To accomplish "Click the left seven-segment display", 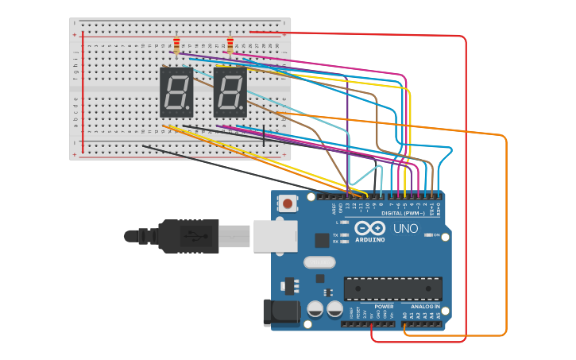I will (x=176, y=92).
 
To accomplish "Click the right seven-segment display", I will (x=230, y=92).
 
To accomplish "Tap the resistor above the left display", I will (x=176, y=45).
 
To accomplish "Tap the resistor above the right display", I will (x=230, y=45).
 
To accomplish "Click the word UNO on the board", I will (x=405, y=229).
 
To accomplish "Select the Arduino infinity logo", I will (x=370, y=228).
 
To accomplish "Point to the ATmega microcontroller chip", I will (x=392, y=288).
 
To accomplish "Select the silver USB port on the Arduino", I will (x=275, y=236).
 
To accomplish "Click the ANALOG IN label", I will (x=425, y=307).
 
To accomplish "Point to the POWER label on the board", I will (x=384, y=307).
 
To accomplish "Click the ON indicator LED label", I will (x=436, y=235).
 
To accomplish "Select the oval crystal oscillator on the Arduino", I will (x=319, y=262).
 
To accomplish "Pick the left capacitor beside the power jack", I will (x=315, y=308).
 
